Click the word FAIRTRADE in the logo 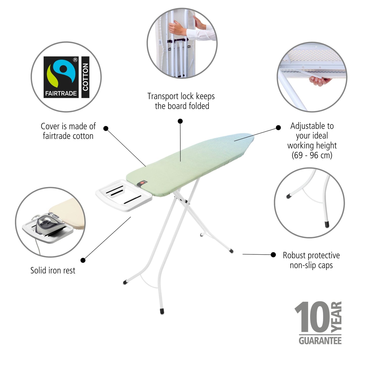point(61,93)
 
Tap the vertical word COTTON point(85,77)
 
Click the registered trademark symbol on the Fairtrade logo point(75,60)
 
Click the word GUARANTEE point(320,340)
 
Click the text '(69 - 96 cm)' point(312,155)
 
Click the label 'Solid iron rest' point(53,270)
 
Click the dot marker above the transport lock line point(180,121)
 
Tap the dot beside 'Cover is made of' point(106,128)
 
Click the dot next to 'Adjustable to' point(278,128)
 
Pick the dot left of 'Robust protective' point(273,255)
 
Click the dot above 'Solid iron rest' point(83,260)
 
